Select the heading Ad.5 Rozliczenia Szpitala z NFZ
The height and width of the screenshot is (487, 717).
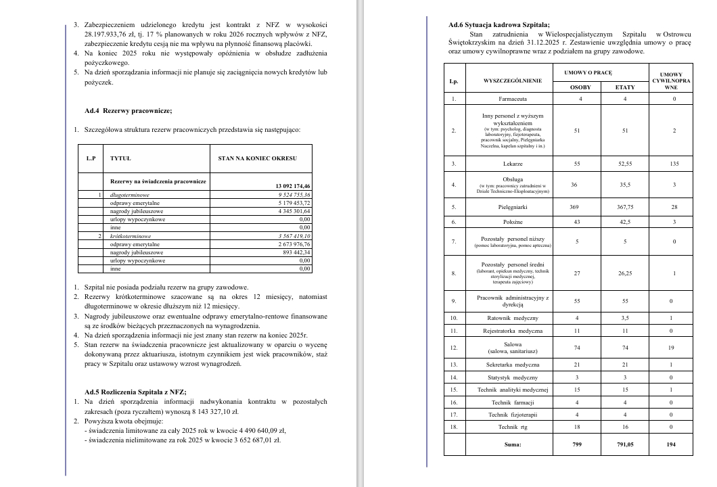(135, 392)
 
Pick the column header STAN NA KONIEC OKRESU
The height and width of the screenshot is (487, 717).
(256, 158)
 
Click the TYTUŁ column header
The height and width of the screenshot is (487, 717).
(120, 158)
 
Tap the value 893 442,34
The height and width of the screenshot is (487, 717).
(294, 252)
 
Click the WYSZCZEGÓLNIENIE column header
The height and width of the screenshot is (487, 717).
(513, 80)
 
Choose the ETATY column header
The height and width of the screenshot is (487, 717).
(625, 87)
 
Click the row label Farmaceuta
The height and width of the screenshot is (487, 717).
(513, 99)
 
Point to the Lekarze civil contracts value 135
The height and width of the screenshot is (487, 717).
(670, 164)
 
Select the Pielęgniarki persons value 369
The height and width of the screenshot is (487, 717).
(576, 207)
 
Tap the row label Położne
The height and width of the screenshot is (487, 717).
(513, 222)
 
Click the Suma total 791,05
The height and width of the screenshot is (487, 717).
(625, 444)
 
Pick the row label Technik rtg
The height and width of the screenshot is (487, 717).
(513, 427)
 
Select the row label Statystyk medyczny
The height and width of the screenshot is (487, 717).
(513, 377)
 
